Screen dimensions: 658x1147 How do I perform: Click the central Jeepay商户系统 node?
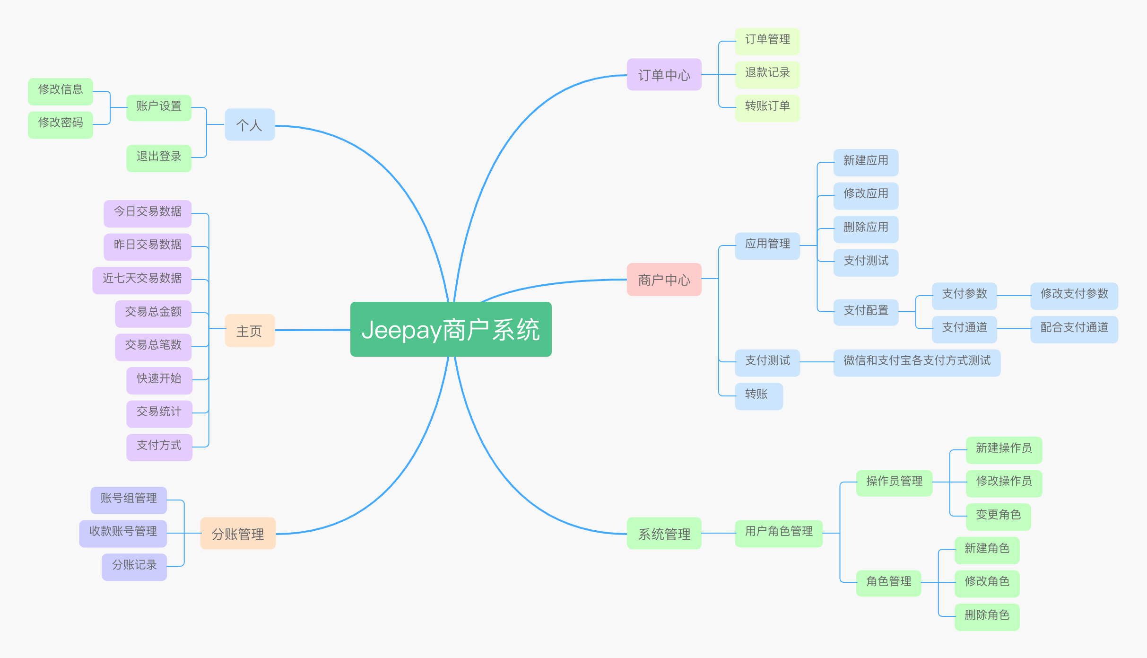point(451,329)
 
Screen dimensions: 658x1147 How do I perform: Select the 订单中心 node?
point(664,75)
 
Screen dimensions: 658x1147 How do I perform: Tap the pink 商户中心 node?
point(664,280)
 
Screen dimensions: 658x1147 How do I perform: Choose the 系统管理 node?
point(664,534)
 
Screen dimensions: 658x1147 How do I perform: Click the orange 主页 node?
point(249,331)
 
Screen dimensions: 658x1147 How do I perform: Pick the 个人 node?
point(249,125)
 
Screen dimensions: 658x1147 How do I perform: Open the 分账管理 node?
point(237,534)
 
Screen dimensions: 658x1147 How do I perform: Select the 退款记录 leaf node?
point(767,73)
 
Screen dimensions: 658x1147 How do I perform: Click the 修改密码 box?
point(60,123)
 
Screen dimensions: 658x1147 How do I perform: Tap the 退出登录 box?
point(158,157)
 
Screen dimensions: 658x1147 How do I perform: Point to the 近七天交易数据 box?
point(142,278)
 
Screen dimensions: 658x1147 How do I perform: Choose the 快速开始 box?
point(159,378)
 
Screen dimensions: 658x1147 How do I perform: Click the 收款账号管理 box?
point(123,532)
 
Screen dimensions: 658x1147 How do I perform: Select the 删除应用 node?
point(865,228)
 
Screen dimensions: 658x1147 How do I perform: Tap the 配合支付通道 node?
point(1074,328)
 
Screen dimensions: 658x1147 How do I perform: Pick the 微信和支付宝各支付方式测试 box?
point(916,361)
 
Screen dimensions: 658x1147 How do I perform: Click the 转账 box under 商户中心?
point(758,395)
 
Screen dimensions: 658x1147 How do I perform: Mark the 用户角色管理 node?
point(778,532)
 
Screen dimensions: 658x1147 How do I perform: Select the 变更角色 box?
point(998,515)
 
